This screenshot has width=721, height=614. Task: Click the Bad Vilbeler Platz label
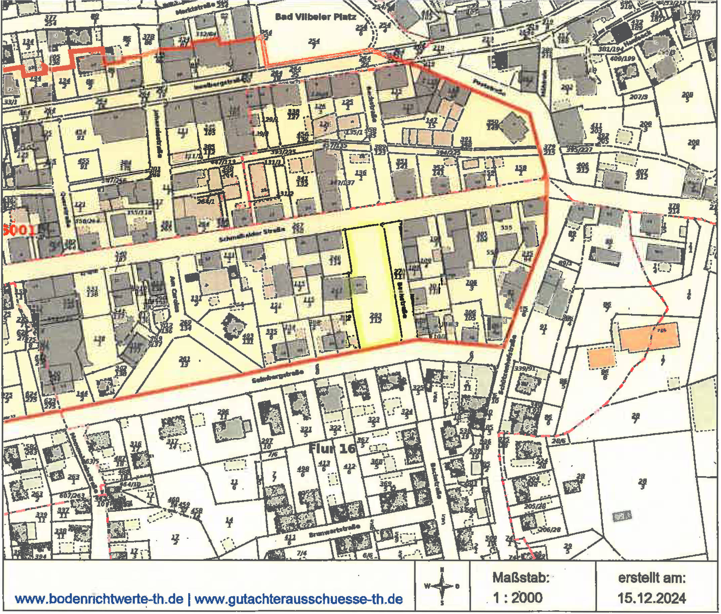[315, 17]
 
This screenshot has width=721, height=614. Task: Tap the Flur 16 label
[332, 449]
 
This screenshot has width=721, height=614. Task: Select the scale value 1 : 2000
[518, 598]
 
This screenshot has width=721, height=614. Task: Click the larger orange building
[649, 336]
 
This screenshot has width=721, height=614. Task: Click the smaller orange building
[601, 358]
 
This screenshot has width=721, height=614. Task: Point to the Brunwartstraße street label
[334, 532]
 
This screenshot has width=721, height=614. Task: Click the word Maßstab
[520, 578]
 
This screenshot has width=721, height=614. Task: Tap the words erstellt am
[652, 578]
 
